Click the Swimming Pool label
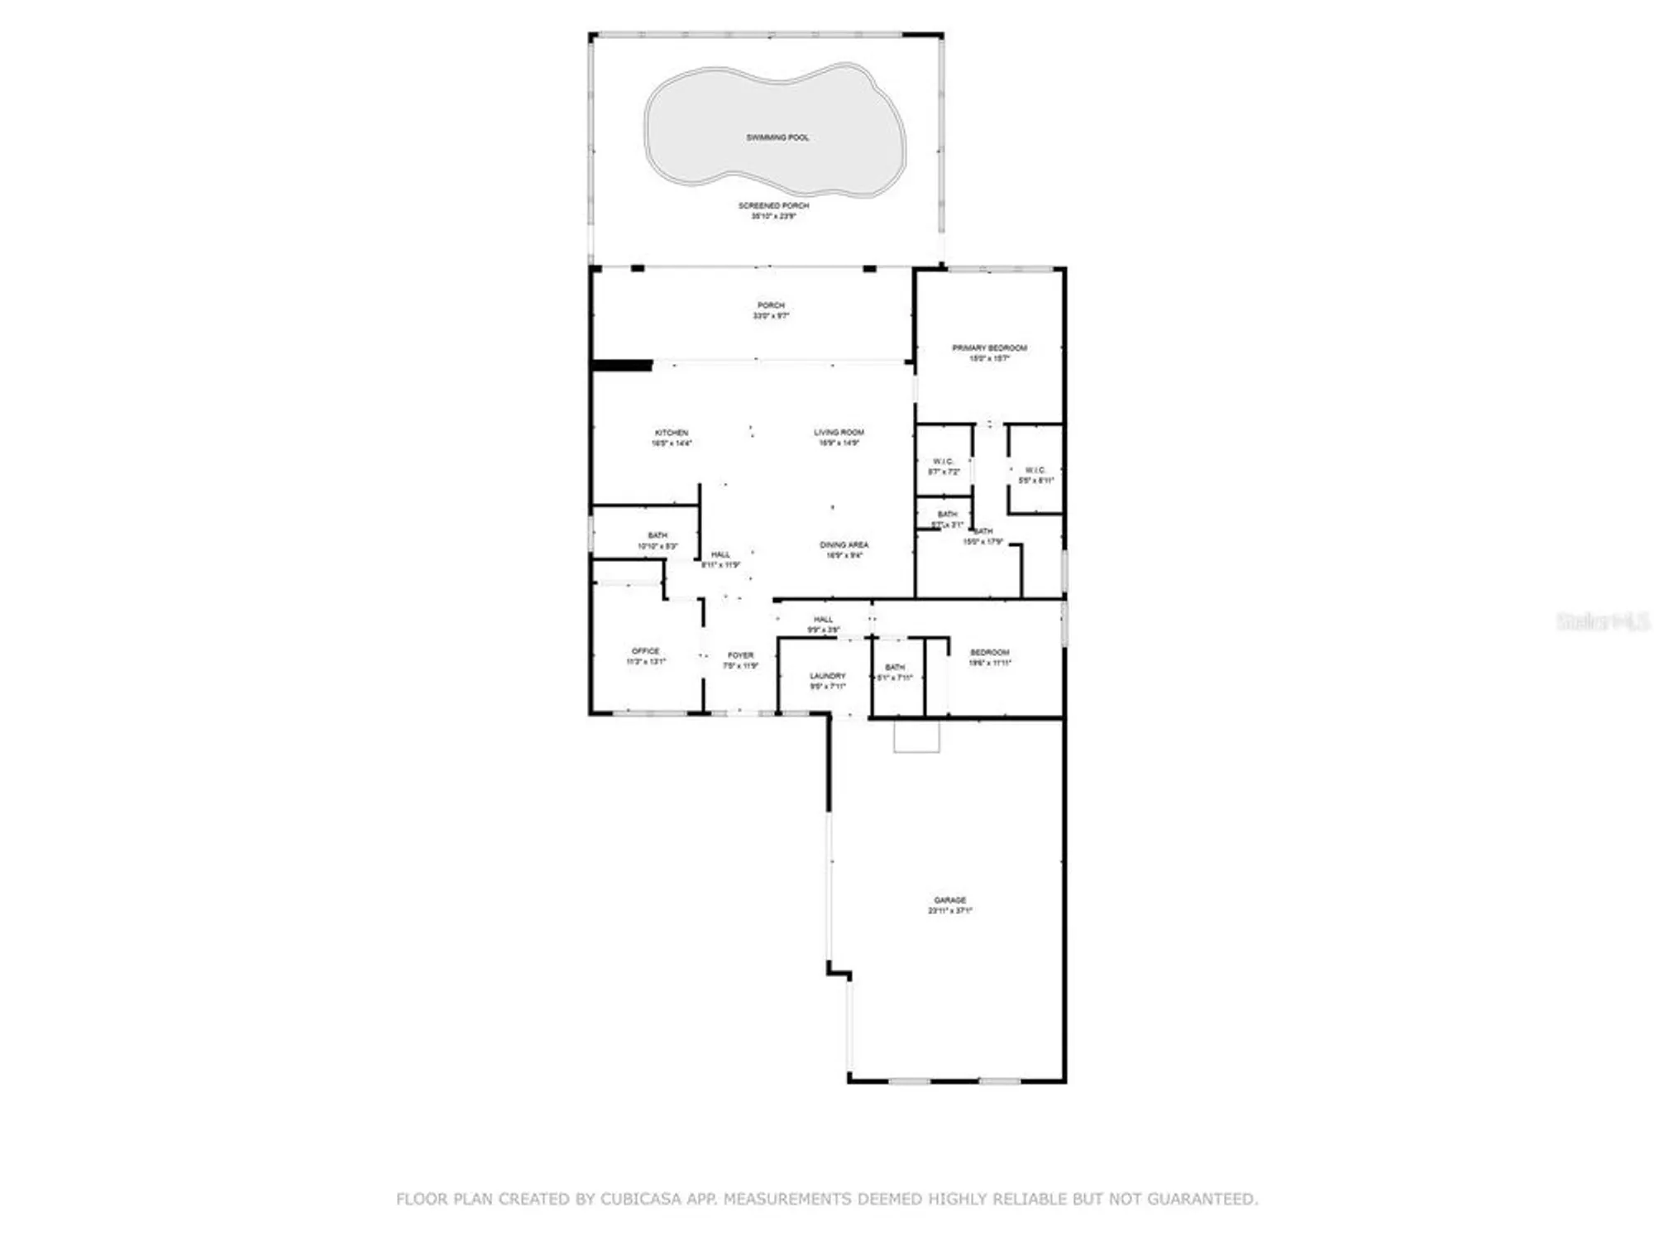pos(777,137)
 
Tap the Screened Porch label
pos(773,205)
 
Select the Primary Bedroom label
pos(989,348)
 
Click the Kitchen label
pos(671,433)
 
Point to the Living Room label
pos(839,432)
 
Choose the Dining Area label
pos(844,545)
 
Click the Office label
pos(645,651)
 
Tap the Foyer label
pos(740,655)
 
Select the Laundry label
pos(827,676)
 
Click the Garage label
pos(949,900)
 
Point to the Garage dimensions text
pos(949,911)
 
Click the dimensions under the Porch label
pos(771,316)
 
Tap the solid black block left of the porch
pos(622,365)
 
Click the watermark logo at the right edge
pos(1603,622)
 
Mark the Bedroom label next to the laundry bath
pos(989,653)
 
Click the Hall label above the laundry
pos(823,620)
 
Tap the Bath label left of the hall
pos(657,536)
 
